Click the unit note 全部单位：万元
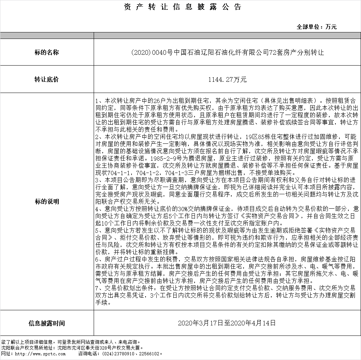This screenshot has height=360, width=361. (317, 27)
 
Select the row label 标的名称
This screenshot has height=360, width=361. (46, 53)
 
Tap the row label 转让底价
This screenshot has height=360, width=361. (46, 80)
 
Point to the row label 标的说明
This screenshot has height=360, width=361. (46, 201)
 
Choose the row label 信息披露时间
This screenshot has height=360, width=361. (46, 323)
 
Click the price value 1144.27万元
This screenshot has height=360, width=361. (227, 80)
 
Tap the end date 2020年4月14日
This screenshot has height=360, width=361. (255, 323)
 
